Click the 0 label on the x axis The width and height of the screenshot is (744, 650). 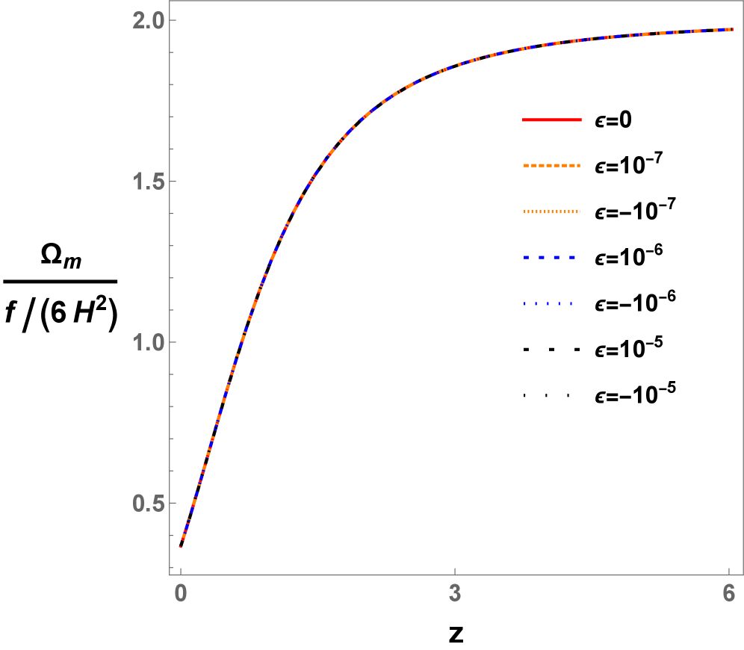(x=180, y=594)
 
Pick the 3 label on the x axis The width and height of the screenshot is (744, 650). (x=455, y=594)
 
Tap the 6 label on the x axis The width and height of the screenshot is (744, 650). (x=729, y=594)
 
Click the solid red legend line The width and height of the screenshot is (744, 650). (x=551, y=120)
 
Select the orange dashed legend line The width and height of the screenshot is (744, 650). (x=551, y=165)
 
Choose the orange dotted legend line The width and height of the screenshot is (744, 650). (x=551, y=212)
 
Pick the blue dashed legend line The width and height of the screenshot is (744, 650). (x=549, y=258)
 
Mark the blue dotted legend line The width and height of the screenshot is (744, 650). (x=548, y=304)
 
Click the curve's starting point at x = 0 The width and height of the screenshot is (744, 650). (x=181, y=546)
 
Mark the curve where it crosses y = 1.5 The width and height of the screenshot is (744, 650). (x=307, y=182)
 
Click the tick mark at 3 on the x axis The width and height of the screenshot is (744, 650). (x=455, y=572)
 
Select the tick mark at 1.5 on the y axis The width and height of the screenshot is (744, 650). (x=172, y=182)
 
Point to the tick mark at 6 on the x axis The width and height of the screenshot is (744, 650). (x=729, y=572)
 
